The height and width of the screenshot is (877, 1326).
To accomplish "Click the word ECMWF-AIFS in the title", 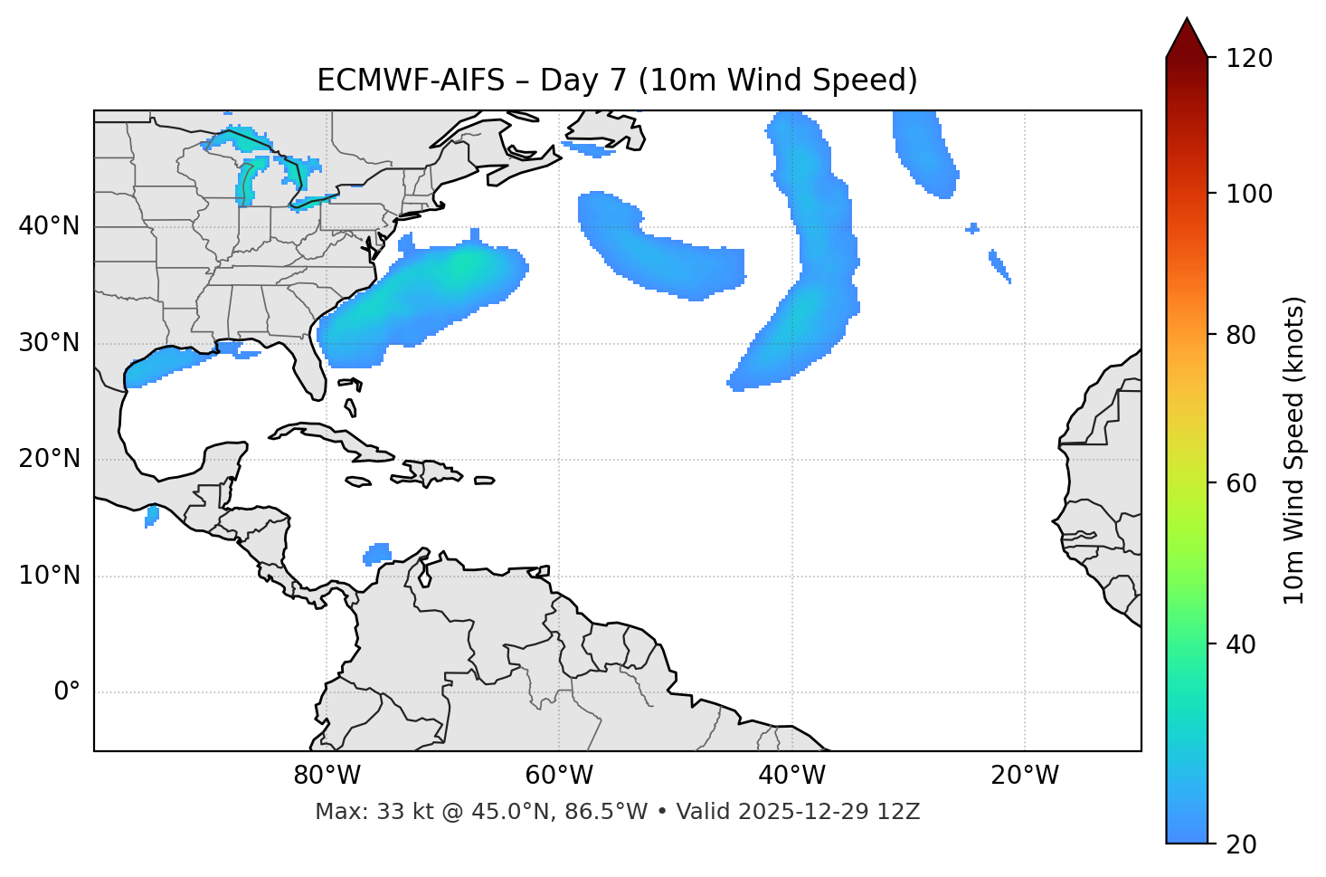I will pos(411,81).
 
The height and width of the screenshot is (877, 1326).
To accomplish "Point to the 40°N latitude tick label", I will pos(49,226).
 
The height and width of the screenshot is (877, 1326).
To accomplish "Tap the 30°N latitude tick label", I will pos(49,343).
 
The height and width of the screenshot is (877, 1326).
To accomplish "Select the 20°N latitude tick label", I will pos(49,459).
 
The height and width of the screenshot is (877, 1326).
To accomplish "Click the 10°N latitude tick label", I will pos(49,576).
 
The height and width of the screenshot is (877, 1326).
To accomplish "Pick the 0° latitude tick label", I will pos(67,692).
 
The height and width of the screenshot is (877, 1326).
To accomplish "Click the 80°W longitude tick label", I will pos(327,776).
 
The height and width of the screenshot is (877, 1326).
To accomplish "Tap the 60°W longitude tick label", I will pos(559,776).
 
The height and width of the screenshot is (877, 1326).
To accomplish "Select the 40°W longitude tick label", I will pos(792,776).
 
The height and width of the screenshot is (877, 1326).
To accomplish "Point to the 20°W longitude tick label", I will pos(1025,776).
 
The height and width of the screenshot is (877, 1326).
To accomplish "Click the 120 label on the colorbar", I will pos(1249,59).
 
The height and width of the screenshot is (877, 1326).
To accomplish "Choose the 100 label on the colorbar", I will pos(1249,194).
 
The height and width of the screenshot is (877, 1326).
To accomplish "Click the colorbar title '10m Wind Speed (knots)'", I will pos(1294,450).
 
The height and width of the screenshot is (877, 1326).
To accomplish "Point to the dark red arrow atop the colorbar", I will pos(1187,39).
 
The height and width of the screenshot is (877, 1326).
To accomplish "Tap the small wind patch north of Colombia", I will pos(377,553).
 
